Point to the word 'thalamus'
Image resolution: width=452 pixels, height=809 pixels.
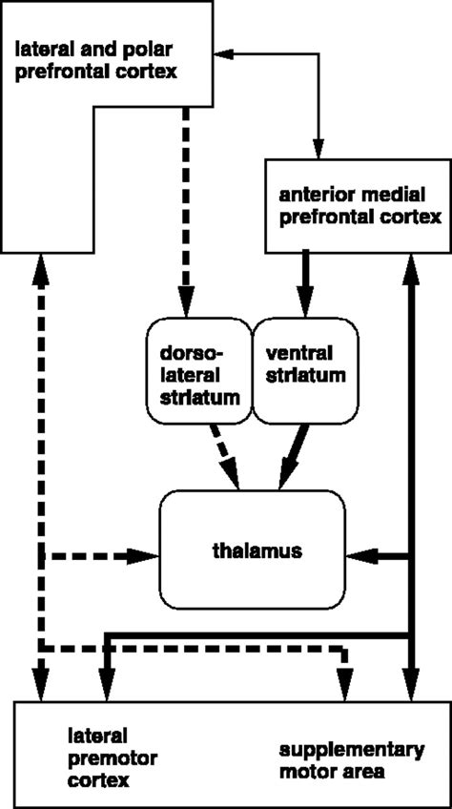pyautogui.click(x=251, y=551)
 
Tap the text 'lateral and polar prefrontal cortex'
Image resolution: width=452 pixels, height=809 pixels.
pyautogui.click(x=95, y=57)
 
